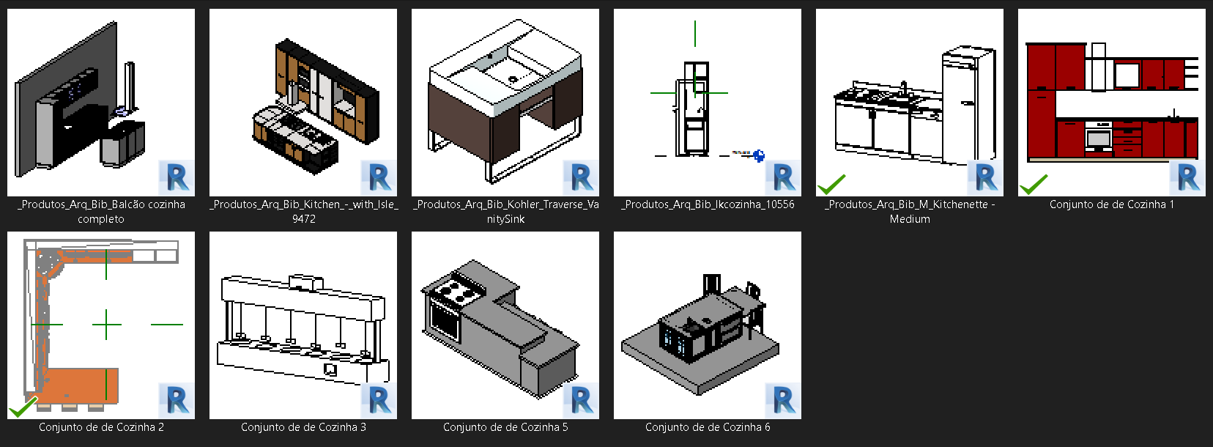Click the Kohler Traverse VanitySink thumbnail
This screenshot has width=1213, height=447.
505,103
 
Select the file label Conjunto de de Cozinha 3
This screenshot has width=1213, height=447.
303,427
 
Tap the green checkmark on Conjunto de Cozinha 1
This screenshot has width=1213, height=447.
1034,184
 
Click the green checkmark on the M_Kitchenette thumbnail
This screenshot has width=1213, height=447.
831,184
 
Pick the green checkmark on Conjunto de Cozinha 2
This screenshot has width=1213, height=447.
23,407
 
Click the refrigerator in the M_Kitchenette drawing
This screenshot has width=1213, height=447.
968,106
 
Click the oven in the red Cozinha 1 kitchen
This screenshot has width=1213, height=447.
1099,137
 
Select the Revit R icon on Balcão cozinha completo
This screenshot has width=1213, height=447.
177,177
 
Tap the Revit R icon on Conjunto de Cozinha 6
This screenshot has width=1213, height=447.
783,400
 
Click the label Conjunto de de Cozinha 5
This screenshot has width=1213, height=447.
505,427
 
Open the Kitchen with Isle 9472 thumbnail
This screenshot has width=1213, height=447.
303,103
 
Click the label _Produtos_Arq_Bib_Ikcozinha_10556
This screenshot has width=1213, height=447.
708,204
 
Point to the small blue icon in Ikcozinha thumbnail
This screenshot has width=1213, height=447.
759,155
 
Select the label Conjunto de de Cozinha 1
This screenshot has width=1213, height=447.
1111,204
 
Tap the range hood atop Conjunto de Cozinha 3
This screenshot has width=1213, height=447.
306,282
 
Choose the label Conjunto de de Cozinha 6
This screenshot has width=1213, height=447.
708,427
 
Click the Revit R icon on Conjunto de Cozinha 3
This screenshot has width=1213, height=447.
379,400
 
